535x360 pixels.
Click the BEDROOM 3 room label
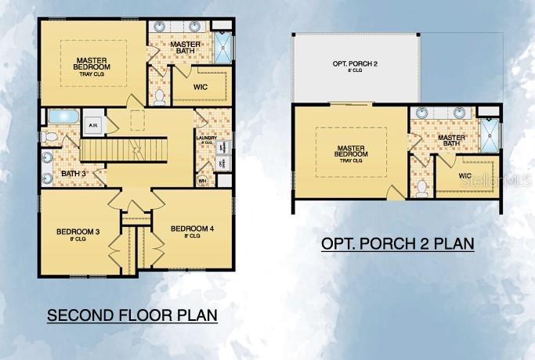click(77, 232)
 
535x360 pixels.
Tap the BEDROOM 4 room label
click(192, 229)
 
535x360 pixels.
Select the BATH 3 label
click(73, 173)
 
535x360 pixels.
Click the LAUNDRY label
click(206, 139)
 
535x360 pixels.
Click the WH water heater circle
click(202, 180)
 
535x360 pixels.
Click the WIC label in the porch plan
click(465, 176)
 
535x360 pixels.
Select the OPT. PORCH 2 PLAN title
click(397, 243)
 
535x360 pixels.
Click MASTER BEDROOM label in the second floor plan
click(92, 63)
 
